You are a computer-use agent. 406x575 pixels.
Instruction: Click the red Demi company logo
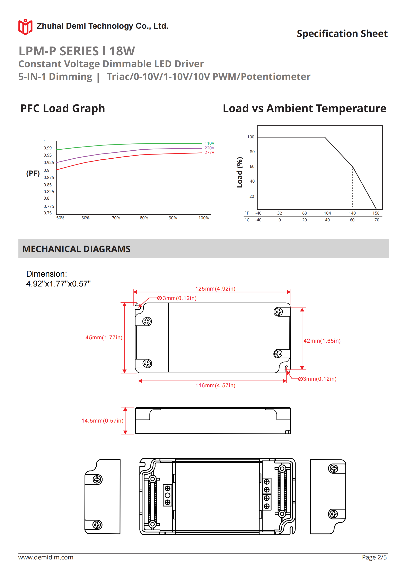pos(25,27)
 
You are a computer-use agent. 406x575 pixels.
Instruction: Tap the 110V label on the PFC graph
pos(209,143)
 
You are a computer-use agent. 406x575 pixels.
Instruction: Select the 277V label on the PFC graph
pos(209,152)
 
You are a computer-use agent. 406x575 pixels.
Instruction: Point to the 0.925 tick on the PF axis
pos(49,162)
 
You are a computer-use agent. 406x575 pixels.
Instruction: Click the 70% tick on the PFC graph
pos(116,218)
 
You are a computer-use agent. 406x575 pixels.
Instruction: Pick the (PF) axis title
pos(33,173)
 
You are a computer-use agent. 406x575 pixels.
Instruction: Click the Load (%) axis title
pos(240,172)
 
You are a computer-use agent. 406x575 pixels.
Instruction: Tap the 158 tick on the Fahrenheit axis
pos(376,213)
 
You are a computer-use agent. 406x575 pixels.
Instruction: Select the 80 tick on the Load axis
pos(252,152)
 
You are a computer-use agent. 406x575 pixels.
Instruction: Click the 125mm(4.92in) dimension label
pos(215,289)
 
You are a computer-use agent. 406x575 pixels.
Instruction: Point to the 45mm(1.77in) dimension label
pos(104,337)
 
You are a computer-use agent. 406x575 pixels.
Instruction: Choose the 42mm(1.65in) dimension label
pos(322,341)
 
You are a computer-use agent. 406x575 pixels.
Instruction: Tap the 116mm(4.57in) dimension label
pos(215,385)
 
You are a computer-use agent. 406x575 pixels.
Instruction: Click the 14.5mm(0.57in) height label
pos(102,420)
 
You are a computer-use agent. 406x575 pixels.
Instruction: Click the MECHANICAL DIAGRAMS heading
pos(76,249)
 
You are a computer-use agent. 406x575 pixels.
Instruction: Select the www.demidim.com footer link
pos(46,557)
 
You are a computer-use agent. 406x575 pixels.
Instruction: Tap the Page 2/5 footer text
pos(374,557)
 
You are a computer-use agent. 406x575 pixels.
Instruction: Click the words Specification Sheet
pos(342,34)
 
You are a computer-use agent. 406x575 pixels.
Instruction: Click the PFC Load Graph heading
pos(63,108)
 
